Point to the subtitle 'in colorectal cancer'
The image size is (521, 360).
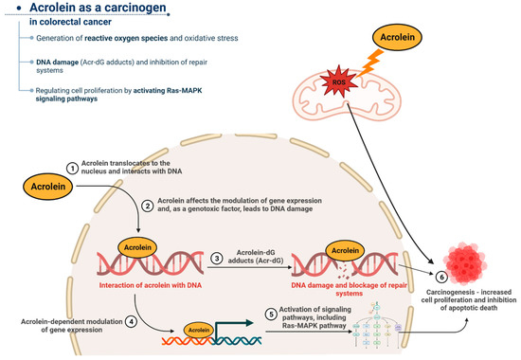tap(59, 27)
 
